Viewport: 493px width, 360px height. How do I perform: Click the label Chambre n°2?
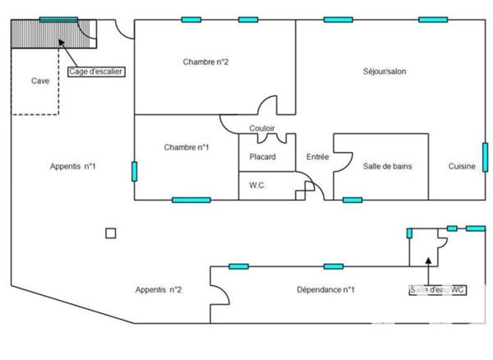205,62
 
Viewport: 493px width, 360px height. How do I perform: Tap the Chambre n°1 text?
186,147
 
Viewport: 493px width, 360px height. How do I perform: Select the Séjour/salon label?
385,72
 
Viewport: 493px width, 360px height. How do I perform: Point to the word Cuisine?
461,166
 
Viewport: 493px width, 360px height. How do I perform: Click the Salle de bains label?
387,166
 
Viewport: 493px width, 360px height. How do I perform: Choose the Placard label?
262,157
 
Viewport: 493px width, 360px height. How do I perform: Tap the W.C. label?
257,187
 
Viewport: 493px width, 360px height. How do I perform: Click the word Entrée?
317,157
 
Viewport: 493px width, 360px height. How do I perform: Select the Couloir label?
262,128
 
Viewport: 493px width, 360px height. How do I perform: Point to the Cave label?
40,81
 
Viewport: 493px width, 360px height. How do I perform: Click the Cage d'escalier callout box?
96,72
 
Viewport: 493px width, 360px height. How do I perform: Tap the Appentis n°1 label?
73,166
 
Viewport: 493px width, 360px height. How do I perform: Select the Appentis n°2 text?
159,289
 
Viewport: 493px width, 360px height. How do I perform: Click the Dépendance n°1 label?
325,289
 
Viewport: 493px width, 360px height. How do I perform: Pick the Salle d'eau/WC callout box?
437,290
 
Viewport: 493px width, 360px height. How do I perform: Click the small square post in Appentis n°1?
111,233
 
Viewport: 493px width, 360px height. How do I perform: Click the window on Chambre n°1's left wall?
134,171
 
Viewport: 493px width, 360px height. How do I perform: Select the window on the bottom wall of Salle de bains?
352,199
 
